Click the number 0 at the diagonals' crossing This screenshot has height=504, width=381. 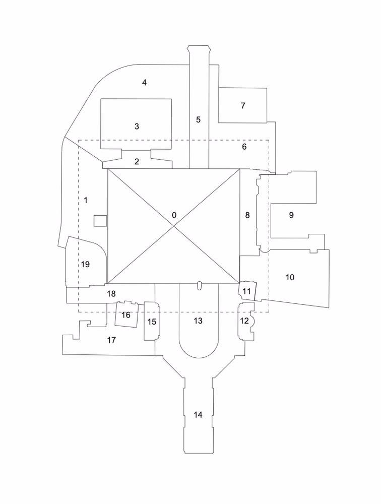click(x=174, y=215)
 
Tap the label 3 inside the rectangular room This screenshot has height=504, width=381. click(x=137, y=127)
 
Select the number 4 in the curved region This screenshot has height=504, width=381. click(x=144, y=83)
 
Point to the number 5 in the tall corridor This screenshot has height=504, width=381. click(x=198, y=120)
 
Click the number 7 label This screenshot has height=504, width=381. click(x=243, y=106)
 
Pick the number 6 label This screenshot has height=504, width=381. click(x=244, y=147)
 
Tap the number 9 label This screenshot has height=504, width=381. click(x=291, y=215)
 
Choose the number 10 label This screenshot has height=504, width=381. click(x=290, y=277)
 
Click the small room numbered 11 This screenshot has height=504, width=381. click(x=246, y=291)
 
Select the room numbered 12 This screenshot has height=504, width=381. click(x=244, y=321)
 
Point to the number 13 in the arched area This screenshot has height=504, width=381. click(x=198, y=321)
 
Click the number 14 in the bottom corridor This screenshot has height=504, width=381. click(x=198, y=415)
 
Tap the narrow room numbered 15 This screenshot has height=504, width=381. click(x=151, y=322)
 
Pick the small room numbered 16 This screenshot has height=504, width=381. click(x=126, y=316)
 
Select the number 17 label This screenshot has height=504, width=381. click(x=112, y=340)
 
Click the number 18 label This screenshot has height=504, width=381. click(x=111, y=293)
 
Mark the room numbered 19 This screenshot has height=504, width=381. click(x=85, y=264)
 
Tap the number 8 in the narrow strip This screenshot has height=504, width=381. click(x=247, y=215)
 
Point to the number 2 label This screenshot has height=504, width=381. click(x=137, y=162)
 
